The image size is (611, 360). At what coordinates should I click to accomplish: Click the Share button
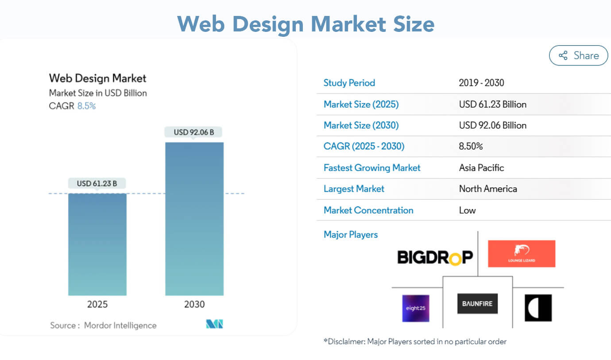[578, 55]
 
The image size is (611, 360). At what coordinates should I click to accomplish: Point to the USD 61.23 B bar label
[97, 183]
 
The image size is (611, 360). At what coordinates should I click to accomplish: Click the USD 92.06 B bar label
[194, 132]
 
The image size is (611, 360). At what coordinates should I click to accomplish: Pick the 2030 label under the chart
[194, 304]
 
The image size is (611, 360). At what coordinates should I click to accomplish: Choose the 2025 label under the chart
[97, 304]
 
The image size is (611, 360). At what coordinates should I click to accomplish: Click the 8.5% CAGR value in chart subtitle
[86, 106]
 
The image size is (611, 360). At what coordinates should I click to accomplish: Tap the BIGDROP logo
[435, 257]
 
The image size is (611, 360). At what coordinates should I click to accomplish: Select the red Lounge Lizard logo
[521, 254]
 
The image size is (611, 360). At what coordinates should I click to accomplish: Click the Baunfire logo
[477, 304]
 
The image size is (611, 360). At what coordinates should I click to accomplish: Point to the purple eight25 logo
[415, 308]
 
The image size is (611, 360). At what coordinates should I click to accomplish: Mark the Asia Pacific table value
[481, 168]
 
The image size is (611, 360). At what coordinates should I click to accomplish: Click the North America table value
[488, 189]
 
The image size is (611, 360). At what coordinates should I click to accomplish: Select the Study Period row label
[349, 83]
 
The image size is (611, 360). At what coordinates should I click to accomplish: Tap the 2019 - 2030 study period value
[481, 83]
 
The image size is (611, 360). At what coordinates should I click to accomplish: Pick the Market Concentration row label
[368, 210]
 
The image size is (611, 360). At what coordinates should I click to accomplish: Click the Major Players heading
[350, 234]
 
